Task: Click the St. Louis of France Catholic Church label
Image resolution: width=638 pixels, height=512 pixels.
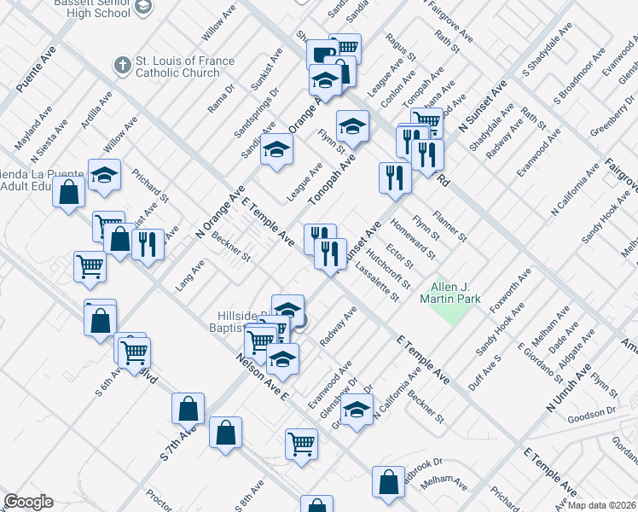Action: (x=177, y=67)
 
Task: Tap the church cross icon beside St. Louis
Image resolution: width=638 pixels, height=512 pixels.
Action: (x=123, y=64)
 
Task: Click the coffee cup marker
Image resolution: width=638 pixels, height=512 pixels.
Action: (x=322, y=54)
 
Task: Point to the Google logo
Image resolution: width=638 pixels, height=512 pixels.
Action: (x=28, y=502)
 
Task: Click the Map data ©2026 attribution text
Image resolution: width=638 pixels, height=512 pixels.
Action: (x=601, y=503)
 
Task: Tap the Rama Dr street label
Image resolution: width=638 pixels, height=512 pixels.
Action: (x=220, y=99)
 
